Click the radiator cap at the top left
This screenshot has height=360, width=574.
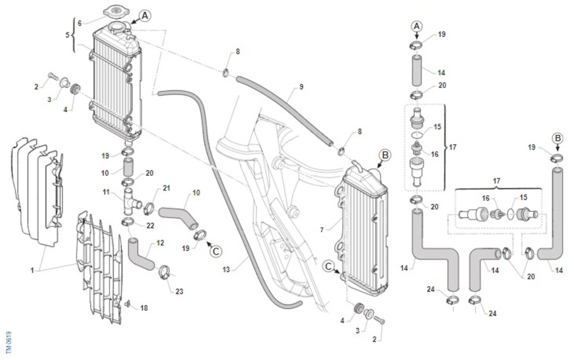[116, 12]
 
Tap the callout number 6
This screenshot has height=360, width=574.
[80, 23]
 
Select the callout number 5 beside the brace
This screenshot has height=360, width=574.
[67, 35]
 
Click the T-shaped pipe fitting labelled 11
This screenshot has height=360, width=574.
[132, 201]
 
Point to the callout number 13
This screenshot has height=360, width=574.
[226, 270]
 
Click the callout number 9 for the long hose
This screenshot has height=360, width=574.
[301, 87]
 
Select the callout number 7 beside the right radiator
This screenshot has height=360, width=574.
[322, 230]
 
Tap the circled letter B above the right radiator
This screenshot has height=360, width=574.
[385, 155]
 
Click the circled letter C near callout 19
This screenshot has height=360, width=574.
[216, 251]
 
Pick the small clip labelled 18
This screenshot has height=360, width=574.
[127, 304]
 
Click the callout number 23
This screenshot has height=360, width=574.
[179, 291]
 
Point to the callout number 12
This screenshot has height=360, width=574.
[160, 243]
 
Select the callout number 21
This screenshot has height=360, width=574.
[166, 188]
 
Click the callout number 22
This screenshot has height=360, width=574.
[150, 226]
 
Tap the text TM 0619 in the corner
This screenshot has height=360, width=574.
[9, 343]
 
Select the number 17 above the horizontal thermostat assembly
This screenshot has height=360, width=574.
[497, 181]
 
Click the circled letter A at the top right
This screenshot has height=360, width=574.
[417, 26]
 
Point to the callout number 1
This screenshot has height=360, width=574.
[32, 271]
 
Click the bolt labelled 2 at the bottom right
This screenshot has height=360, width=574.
[379, 320]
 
